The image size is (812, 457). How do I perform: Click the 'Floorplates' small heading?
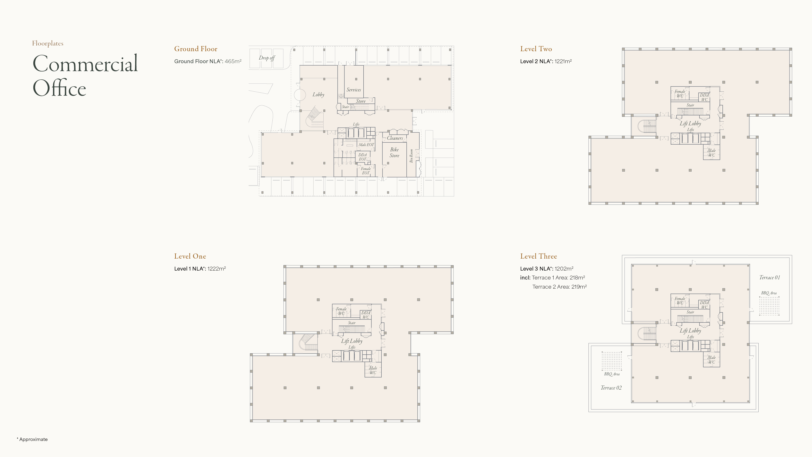pos(48,43)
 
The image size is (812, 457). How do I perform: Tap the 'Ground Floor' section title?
pos(196,49)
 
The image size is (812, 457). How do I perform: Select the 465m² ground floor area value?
pos(233,61)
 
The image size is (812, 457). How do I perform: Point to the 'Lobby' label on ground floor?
pos(318,95)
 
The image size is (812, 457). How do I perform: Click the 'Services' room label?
pos(354,90)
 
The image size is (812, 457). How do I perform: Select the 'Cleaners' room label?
pos(395,138)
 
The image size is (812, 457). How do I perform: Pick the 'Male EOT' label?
pos(366,145)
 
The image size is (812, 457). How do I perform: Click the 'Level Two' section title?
pos(536,49)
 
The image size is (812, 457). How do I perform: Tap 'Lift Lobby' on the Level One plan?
pos(352,341)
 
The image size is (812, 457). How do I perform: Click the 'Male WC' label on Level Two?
pos(712,153)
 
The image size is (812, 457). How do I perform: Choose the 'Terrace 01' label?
pos(769,277)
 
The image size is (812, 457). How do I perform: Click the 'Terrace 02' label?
pos(611,388)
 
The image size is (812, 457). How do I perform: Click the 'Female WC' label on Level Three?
pos(680,301)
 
